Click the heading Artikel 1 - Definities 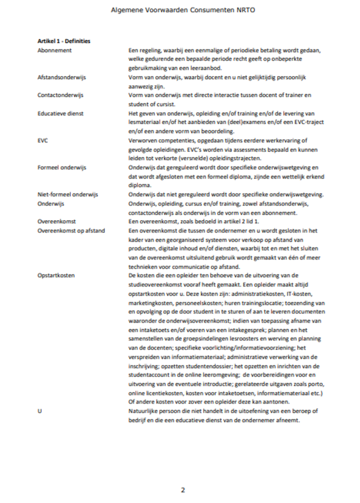[64, 41]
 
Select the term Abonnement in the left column [54, 50]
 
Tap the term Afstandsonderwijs [61, 77]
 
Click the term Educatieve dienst [60, 113]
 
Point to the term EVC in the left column [43, 140]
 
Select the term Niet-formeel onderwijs [67, 194]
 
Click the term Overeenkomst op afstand [69, 230]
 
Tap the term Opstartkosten [56, 275]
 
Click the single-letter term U [39, 410]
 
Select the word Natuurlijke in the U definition [143, 410]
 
